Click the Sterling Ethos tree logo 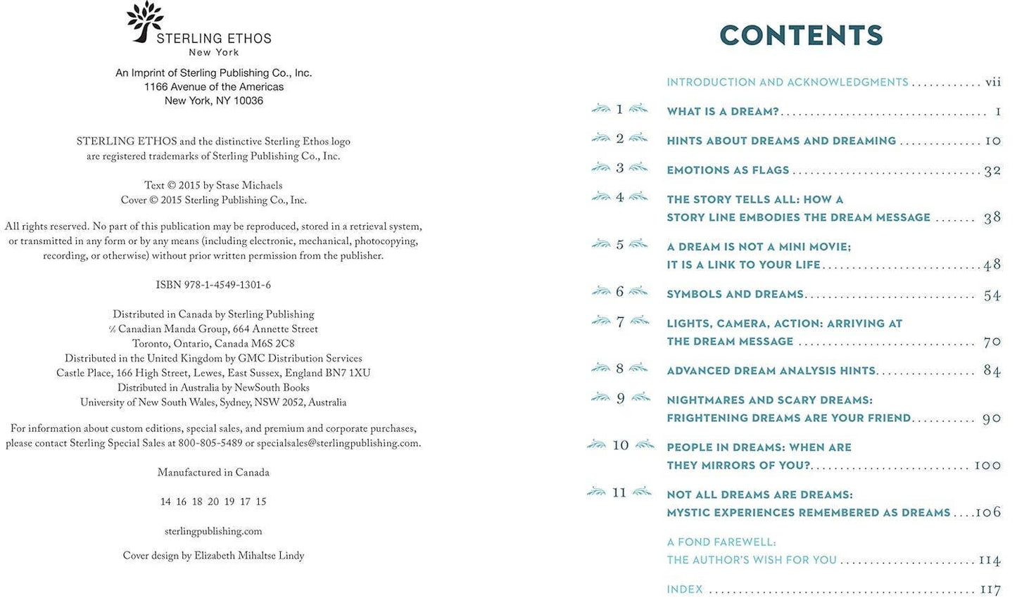tap(145, 21)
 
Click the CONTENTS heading tap(801, 35)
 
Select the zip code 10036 tap(248, 101)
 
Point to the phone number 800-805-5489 tap(210, 444)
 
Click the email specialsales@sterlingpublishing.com tap(338, 444)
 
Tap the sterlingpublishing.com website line tap(213, 532)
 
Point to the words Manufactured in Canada tap(213, 473)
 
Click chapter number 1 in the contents tap(619, 110)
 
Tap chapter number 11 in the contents tap(619, 493)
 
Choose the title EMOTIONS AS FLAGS tap(728, 170)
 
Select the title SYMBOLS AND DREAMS tap(735, 294)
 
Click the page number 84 tap(992, 371)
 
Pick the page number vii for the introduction tap(992, 82)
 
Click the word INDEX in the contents tap(684, 589)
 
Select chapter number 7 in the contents tap(620, 323)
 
